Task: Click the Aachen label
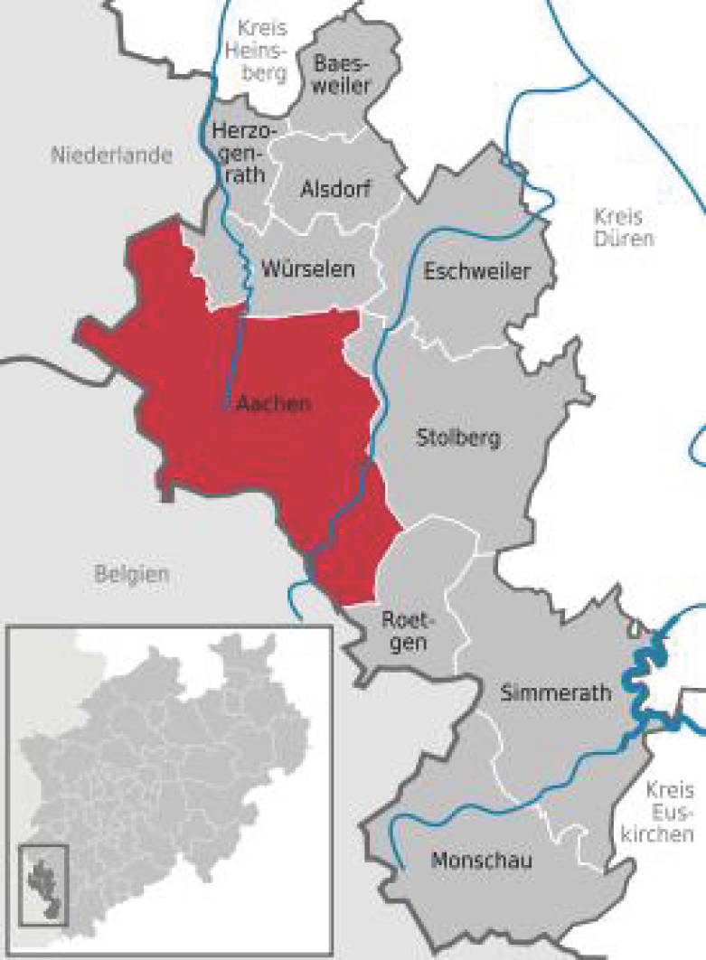click(x=272, y=404)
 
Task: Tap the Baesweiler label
click(x=354, y=74)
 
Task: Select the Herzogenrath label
click(x=239, y=151)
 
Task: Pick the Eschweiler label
click(x=475, y=271)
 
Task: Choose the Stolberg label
click(x=457, y=439)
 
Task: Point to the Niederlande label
click(x=112, y=155)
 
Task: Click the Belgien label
click(x=131, y=572)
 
